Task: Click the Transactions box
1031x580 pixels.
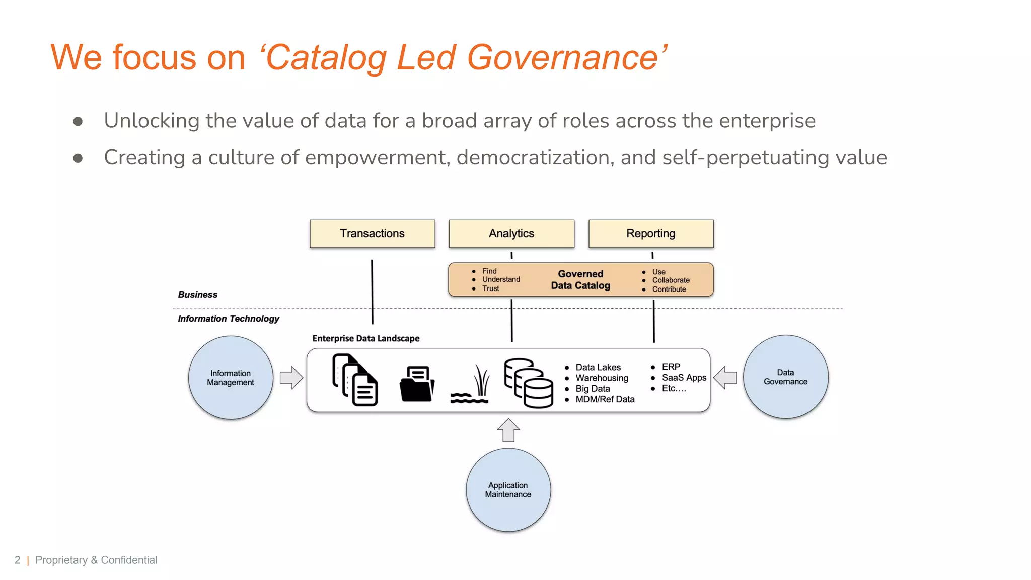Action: tap(372, 234)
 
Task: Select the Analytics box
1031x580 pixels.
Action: tap(511, 234)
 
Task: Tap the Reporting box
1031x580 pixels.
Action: tap(651, 234)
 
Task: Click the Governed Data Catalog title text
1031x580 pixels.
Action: tap(580, 280)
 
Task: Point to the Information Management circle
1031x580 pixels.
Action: tap(231, 378)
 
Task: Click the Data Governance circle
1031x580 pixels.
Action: tap(785, 377)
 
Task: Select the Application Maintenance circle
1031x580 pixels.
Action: tap(508, 490)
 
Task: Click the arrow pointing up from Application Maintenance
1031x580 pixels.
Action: tap(508, 430)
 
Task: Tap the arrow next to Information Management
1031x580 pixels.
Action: tap(291, 378)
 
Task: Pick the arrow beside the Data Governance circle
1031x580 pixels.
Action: tap(725, 378)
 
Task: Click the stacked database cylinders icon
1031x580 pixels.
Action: tap(529, 383)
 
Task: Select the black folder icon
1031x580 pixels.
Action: tap(417, 384)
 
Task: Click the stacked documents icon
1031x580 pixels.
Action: tap(355, 380)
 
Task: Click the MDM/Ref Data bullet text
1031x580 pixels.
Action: tap(605, 399)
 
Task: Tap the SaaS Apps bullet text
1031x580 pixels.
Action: tap(684, 378)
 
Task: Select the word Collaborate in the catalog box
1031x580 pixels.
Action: tap(671, 280)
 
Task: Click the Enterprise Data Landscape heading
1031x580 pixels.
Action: tap(365, 339)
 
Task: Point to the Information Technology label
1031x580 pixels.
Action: tap(229, 319)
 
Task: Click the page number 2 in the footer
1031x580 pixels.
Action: tap(18, 560)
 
